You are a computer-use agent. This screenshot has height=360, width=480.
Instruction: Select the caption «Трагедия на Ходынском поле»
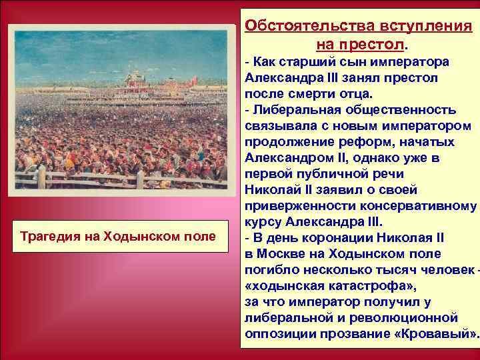118,237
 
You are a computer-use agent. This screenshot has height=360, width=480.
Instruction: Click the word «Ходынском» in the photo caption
139,237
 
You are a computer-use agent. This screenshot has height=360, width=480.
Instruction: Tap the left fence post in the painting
41,177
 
